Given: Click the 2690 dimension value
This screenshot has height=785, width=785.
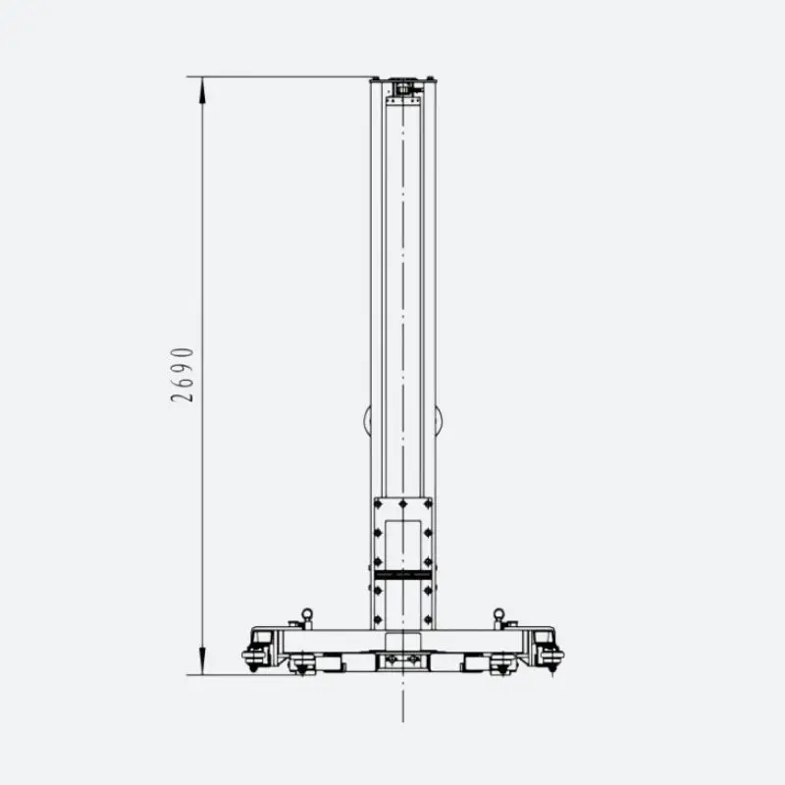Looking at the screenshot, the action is coord(182,375).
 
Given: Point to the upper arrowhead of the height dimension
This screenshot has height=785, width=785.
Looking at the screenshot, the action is coord(202,90).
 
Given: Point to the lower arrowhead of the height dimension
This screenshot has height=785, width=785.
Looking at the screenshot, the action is coord(202,660).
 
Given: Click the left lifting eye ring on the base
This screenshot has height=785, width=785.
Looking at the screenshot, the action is coord(306,614).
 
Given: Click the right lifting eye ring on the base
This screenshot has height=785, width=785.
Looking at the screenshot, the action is coord(498,614).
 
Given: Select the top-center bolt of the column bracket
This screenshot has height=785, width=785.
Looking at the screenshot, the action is coord(403,504).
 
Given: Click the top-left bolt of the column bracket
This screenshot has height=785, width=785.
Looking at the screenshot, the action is coord(379,504).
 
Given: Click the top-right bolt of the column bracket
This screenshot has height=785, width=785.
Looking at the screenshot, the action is coord(428,504).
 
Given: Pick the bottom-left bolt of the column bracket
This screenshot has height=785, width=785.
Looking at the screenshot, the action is coord(379,620).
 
